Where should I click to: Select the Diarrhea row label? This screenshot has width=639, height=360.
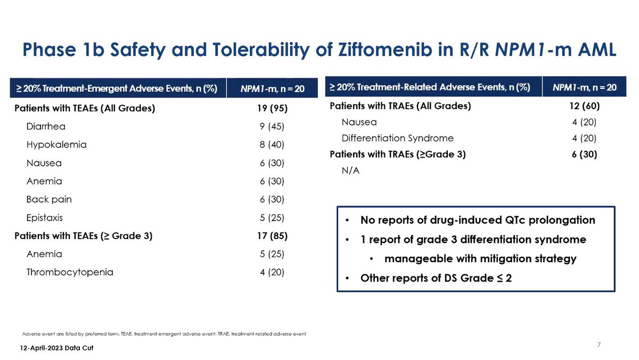pyautogui.click(x=46, y=127)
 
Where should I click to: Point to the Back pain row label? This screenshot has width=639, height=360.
pyautogui.click(x=49, y=199)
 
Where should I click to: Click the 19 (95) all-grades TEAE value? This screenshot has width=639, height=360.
pyautogui.click(x=272, y=109)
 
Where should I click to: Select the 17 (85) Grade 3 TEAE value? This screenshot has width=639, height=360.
pyautogui.click(x=272, y=235)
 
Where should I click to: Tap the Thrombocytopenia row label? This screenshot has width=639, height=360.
pyautogui.click(x=70, y=272)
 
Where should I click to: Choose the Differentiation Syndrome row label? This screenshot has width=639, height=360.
pyautogui.click(x=397, y=138)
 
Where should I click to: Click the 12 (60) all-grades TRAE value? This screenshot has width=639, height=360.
pyautogui.click(x=584, y=105)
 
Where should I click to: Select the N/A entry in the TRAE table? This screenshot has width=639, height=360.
pyautogui.click(x=350, y=171)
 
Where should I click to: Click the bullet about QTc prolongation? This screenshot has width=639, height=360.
pyautogui.click(x=478, y=220)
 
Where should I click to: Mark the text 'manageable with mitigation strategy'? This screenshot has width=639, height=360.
pyautogui.click(x=480, y=259)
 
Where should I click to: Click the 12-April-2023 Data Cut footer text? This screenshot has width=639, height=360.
pyautogui.click(x=49, y=347)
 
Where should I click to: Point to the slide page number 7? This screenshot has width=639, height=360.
pyautogui.click(x=599, y=345)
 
